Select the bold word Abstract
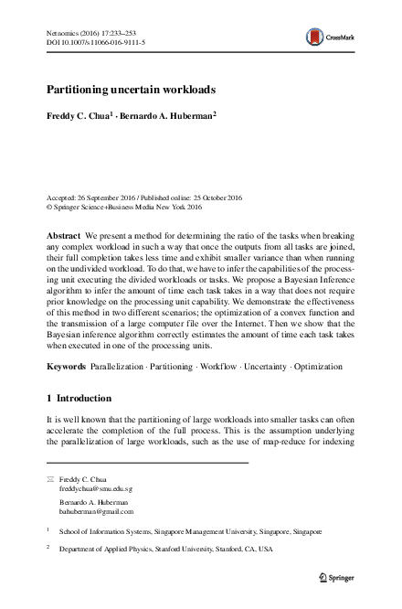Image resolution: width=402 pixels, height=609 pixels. pyautogui.click(x=63, y=235)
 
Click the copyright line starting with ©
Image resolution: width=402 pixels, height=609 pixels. pyautogui.click(x=123, y=207)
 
